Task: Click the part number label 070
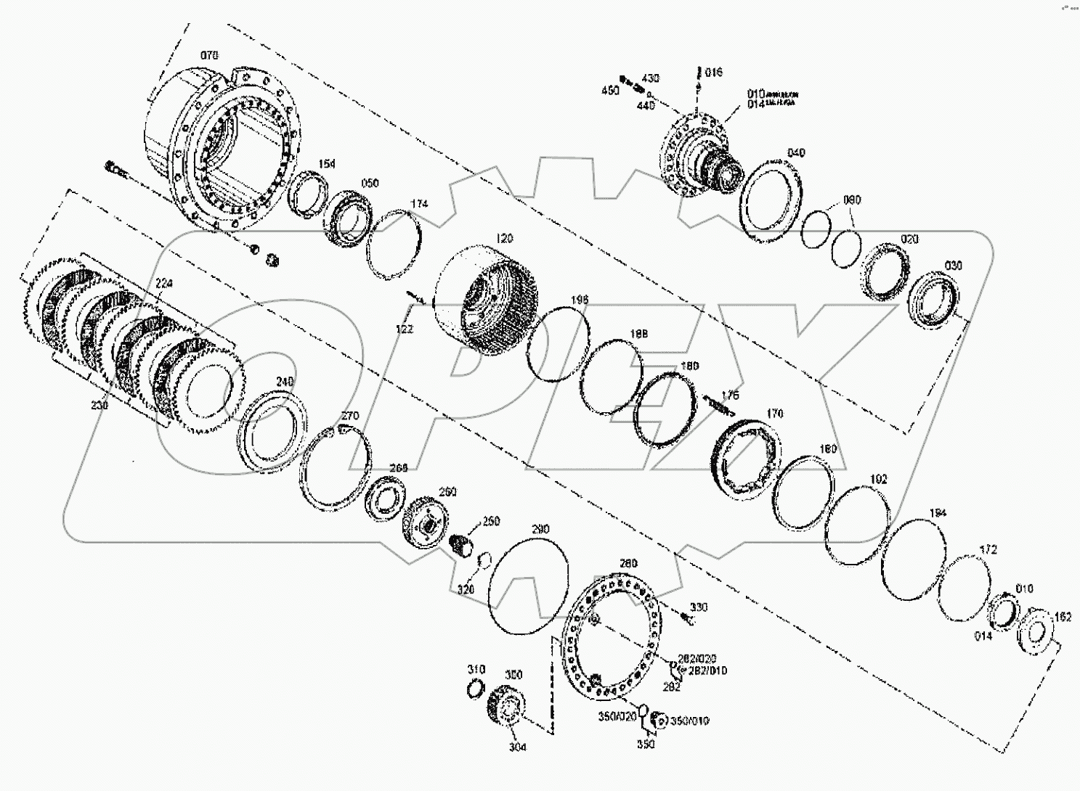(x=209, y=55)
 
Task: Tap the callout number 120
(x=504, y=238)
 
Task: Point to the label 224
(x=164, y=284)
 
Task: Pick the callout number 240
(x=284, y=382)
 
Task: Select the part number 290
(x=540, y=530)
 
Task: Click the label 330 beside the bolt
(x=699, y=607)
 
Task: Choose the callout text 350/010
(x=689, y=721)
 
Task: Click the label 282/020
(x=697, y=658)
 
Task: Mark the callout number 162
(x=1063, y=618)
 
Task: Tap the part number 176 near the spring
(x=730, y=395)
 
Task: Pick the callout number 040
(x=796, y=153)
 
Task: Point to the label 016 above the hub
(x=714, y=73)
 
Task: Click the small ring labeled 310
(x=475, y=687)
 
